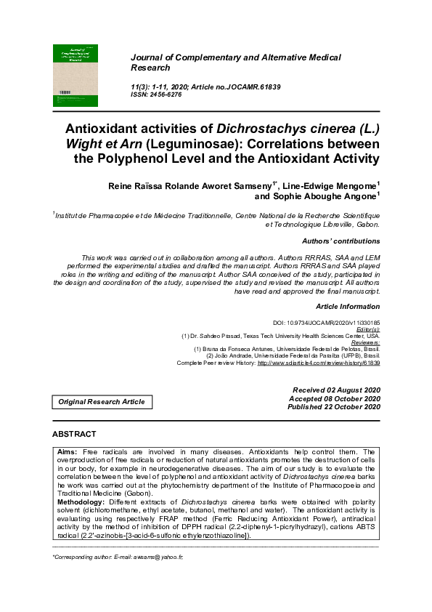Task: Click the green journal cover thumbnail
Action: point(76,76)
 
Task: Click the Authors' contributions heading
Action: point(341,241)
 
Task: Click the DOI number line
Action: point(326,322)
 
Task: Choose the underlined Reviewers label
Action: point(362,342)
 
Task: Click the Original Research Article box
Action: point(102,402)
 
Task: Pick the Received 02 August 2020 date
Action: point(335,390)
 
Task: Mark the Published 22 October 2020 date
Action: point(334,407)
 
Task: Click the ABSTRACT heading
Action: point(74,434)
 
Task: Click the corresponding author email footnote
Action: point(118,557)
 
